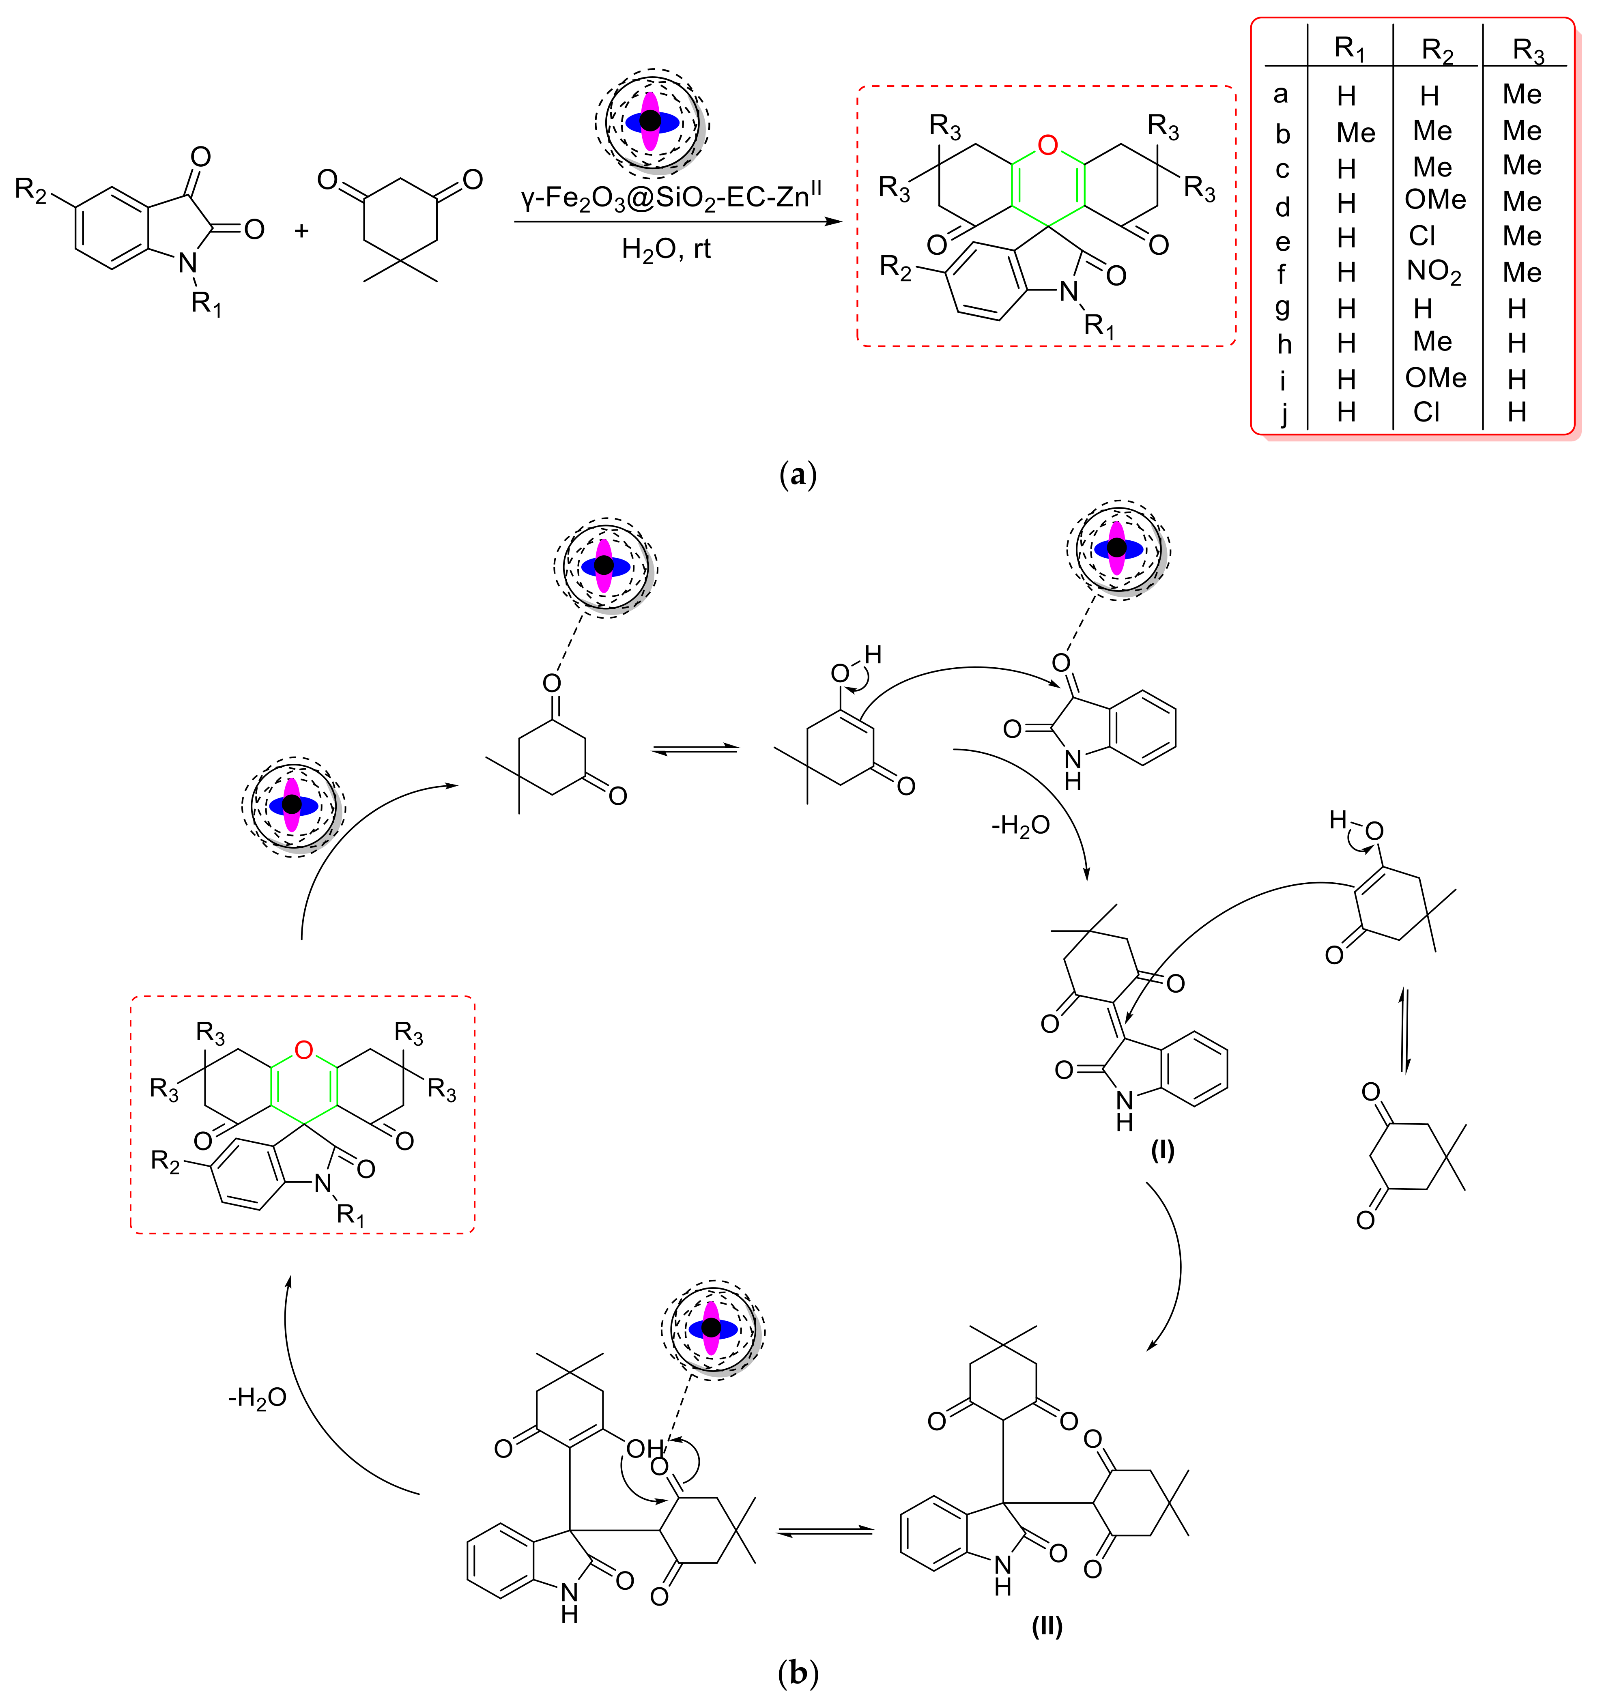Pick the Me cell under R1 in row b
(1355, 133)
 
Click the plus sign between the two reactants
(301, 230)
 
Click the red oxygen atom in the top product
(1047, 145)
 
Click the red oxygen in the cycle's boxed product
(303, 1049)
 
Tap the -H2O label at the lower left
(257, 1398)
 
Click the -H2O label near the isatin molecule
(1020, 826)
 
